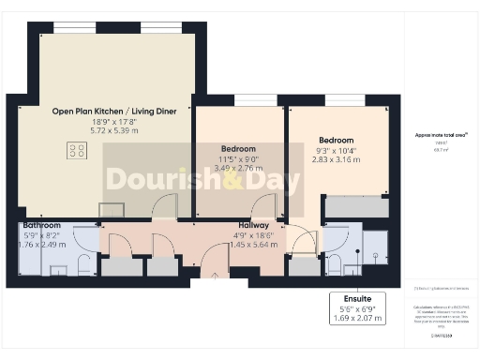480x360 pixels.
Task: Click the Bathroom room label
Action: coord(42,226)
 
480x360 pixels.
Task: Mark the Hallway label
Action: coord(255,226)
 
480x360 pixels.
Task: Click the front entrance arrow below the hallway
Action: coord(214,276)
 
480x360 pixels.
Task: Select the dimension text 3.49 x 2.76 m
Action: coord(239,167)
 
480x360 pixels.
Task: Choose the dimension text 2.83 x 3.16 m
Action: coord(336,158)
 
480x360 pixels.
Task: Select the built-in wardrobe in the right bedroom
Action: coord(354,206)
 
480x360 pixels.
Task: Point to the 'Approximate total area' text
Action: coord(442,134)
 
